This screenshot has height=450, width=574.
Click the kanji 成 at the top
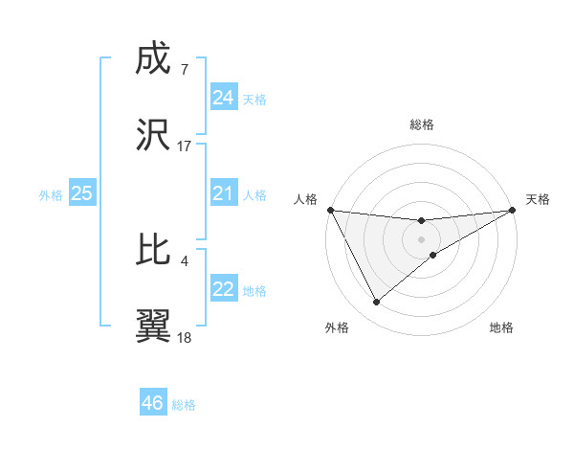point(154,60)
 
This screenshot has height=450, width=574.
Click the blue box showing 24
point(223,97)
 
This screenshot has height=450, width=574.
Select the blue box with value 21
point(223,193)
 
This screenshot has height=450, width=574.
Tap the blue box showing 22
point(223,289)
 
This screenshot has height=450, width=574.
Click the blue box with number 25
point(82,193)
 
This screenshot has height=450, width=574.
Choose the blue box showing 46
point(152,403)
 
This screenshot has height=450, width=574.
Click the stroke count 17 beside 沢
point(185,146)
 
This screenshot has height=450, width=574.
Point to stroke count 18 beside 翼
point(185,337)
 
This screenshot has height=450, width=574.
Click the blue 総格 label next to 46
point(184,405)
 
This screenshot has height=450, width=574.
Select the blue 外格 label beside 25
point(51,195)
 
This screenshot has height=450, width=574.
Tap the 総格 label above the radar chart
point(422,124)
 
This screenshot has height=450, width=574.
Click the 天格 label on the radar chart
point(538,199)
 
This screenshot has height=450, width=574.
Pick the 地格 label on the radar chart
point(501,327)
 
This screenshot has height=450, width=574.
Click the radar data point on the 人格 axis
point(330,210)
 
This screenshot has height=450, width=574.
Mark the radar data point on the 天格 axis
point(513,210)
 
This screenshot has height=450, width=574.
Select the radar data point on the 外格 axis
point(376,303)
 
